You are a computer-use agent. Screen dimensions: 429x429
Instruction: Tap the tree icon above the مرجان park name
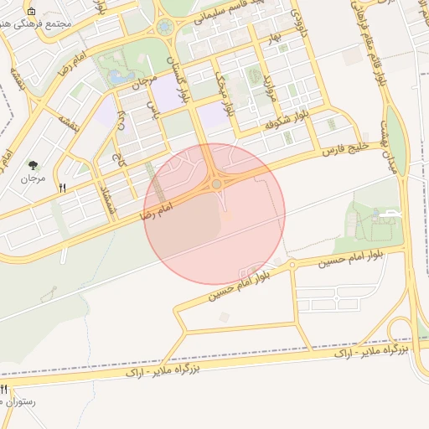34,165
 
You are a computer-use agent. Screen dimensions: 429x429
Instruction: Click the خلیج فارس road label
343,149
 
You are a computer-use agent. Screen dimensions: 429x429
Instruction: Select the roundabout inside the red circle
217,183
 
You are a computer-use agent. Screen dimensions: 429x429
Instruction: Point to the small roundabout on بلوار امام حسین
292,265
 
